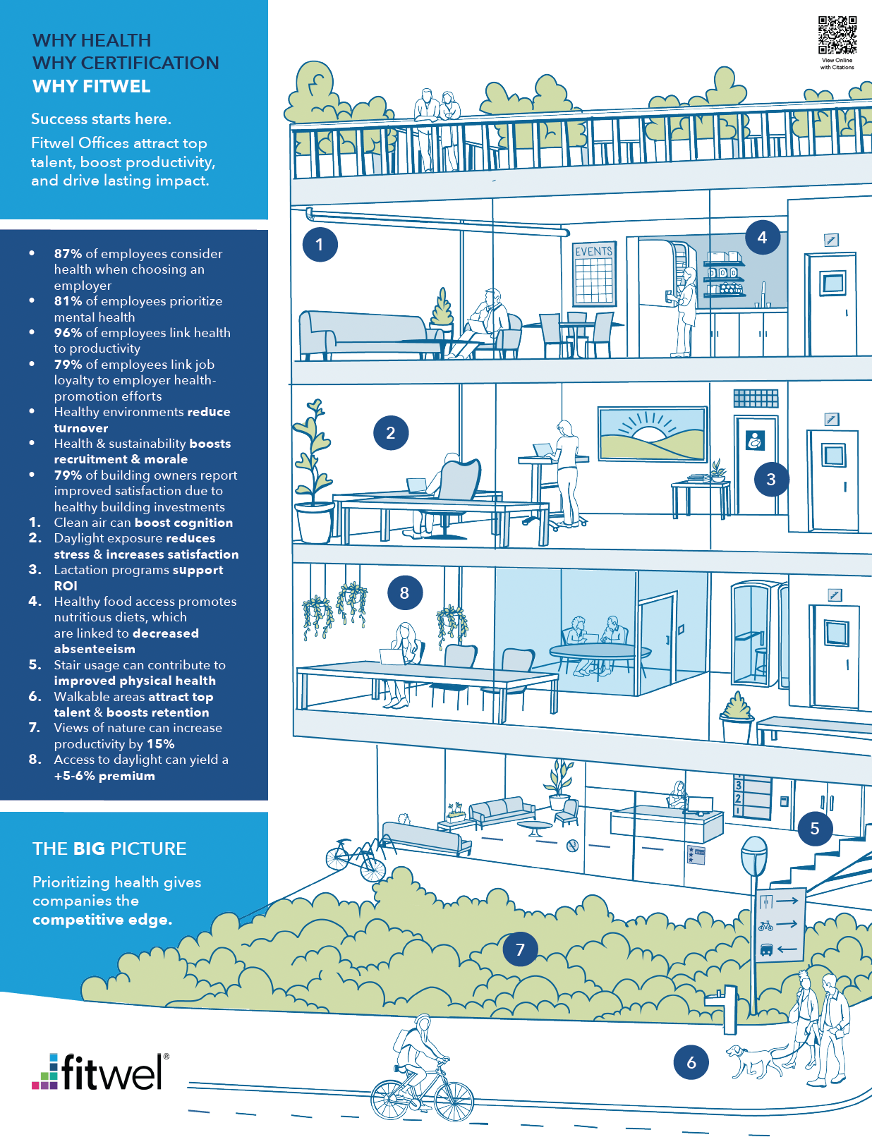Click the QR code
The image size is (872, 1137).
(837, 35)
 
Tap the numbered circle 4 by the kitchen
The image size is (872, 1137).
(762, 238)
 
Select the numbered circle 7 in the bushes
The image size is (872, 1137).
(520, 949)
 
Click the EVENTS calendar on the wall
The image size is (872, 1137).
(594, 274)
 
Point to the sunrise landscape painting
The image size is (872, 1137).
(652, 432)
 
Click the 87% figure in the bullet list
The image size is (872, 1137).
(68, 254)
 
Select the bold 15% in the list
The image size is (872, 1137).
(161, 744)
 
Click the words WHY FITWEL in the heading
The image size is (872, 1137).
(92, 87)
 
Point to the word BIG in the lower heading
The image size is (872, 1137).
(89, 849)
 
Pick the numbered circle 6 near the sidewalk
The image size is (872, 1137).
(691, 1062)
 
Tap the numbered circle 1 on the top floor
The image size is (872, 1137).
(320, 245)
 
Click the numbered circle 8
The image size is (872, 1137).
(404, 593)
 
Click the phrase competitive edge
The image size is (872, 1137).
(102, 920)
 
